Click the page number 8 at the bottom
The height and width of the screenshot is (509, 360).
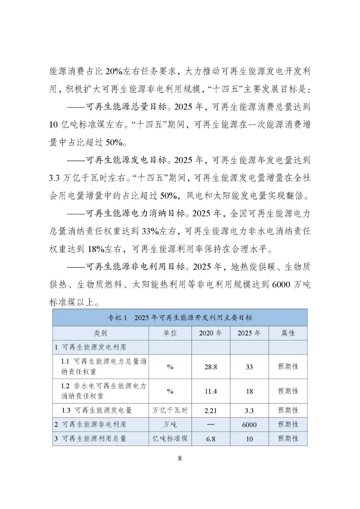pyautogui.click(x=180, y=458)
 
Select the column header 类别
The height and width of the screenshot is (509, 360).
pyautogui.click(x=100, y=333)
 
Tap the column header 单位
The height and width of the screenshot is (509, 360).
pyautogui.click(x=170, y=333)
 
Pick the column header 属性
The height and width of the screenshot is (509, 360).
pyautogui.click(x=288, y=333)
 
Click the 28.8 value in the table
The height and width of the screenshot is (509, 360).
pyautogui.click(x=211, y=367)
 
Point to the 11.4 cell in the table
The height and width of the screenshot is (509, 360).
pyautogui.click(x=211, y=391)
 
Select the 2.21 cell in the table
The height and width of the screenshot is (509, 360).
pyautogui.click(x=211, y=411)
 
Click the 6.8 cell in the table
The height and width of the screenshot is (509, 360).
pyautogui.click(x=211, y=439)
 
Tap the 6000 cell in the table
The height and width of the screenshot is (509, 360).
pyautogui.click(x=249, y=425)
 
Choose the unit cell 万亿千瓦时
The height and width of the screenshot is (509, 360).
pyautogui.click(x=170, y=410)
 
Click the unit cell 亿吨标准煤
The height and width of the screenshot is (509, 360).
pyautogui.click(x=170, y=439)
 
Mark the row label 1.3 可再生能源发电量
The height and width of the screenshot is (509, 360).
pyautogui.click(x=97, y=410)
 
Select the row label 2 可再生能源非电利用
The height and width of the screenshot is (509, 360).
pyautogui.click(x=90, y=424)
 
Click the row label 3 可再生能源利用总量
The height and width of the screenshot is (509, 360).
pyautogui.click(x=91, y=439)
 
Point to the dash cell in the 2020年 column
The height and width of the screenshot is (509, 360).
pyautogui.click(x=211, y=425)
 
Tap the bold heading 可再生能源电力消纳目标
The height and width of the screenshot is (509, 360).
pyautogui.click(x=135, y=213)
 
